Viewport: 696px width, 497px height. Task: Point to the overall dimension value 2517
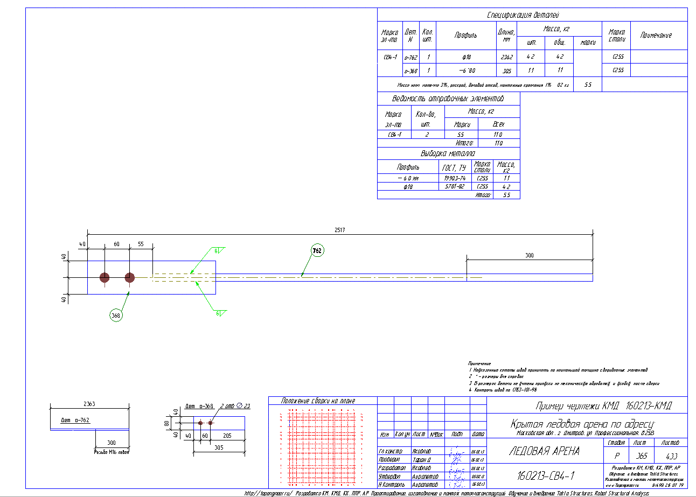pyautogui.click(x=339, y=230)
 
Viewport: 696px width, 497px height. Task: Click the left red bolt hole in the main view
pyautogui.click(x=105, y=277)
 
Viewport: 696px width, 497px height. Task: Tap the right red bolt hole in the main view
pyautogui.click(x=130, y=277)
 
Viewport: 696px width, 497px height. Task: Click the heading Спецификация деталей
pyautogui.click(x=531, y=15)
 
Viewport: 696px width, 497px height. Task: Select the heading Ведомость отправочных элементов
pyautogui.click(x=448, y=99)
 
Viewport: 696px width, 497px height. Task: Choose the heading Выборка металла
pyautogui.click(x=448, y=153)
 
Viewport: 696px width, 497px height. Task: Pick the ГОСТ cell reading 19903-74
pyautogui.click(x=455, y=178)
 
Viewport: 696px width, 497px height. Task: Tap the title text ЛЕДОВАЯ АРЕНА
pyautogui.click(x=544, y=451)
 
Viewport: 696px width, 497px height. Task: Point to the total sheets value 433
pyautogui.click(x=671, y=456)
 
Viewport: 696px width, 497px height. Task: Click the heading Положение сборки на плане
pyautogui.click(x=322, y=401)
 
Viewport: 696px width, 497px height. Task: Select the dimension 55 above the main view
pyautogui.click(x=141, y=244)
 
